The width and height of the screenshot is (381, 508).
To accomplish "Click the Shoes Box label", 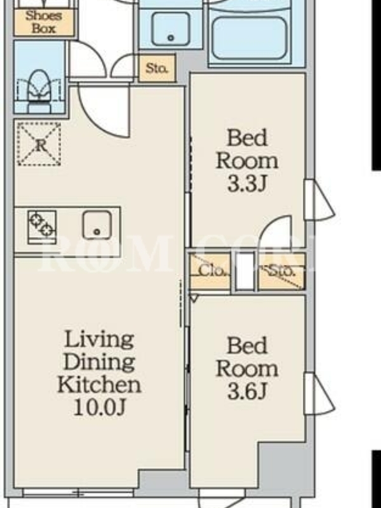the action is (44, 22).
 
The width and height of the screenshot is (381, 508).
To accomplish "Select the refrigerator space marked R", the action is (39, 144).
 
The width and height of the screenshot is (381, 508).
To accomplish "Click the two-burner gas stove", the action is (42, 227).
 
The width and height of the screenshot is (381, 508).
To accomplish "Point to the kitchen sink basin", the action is (97, 225).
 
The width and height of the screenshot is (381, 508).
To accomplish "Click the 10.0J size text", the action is (100, 407).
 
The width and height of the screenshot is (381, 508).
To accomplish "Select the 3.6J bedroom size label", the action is (247, 392).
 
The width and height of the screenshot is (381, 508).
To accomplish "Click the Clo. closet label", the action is (212, 271).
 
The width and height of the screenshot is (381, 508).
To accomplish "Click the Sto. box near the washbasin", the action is (157, 68).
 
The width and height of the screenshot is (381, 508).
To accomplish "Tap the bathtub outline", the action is (250, 38).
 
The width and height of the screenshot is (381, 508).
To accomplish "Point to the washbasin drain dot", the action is (171, 38).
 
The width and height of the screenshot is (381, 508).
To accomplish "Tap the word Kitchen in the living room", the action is (100, 385).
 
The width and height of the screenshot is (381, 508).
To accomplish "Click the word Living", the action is (100, 340).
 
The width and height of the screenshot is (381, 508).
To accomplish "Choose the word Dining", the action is (100, 362).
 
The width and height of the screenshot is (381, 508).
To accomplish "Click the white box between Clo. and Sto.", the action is (244, 271).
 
